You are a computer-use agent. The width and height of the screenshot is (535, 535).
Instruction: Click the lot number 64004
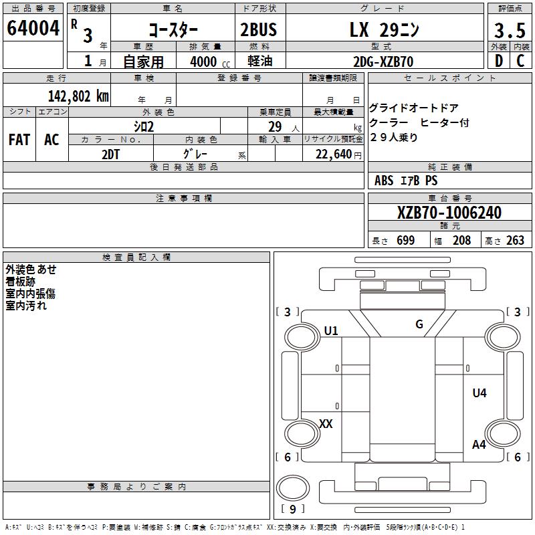tap(33, 28)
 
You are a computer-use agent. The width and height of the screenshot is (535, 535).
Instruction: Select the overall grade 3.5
tap(510, 31)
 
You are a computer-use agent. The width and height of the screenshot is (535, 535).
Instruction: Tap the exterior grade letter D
tap(499, 61)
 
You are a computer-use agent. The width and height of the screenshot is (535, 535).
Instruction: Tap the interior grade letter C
tap(520, 61)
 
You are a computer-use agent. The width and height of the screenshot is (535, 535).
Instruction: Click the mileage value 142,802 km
tap(78, 96)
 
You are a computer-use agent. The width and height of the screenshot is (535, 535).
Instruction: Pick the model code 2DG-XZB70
tap(383, 62)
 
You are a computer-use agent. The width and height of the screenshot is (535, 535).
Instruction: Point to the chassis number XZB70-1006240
tap(449, 213)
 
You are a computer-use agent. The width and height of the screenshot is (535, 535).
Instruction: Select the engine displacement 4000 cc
tap(210, 62)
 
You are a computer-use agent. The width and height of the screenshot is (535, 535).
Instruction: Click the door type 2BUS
tap(259, 29)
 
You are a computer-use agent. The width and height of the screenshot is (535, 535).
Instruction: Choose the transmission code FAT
tap(19, 140)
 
